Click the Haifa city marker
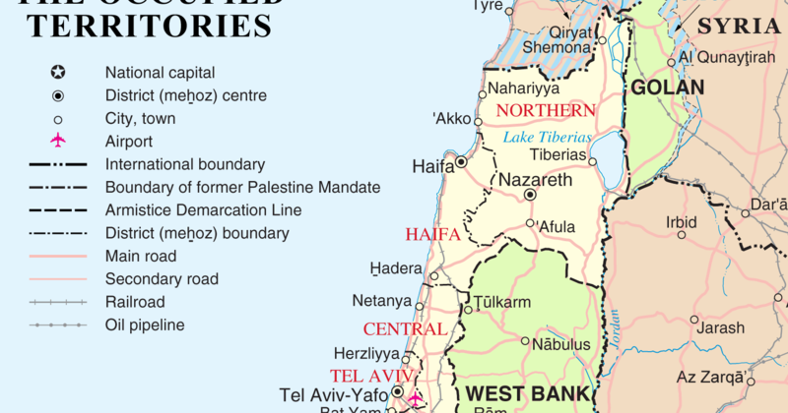click(x=461, y=162)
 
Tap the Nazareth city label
click(x=535, y=180)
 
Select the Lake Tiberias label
click(x=547, y=137)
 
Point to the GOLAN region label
click(x=668, y=88)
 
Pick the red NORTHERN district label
click(x=546, y=110)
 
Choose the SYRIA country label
click(x=740, y=27)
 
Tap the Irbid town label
click(x=681, y=222)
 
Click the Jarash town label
click(x=720, y=327)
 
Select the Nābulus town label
click(x=560, y=344)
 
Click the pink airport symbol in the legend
click(x=58, y=142)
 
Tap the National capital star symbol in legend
click(x=58, y=73)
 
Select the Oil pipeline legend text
click(x=145, y=324)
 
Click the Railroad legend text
click(x=135, y=302)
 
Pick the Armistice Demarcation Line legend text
click(x=203, y=210)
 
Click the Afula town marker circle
click(x=530, y=224)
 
